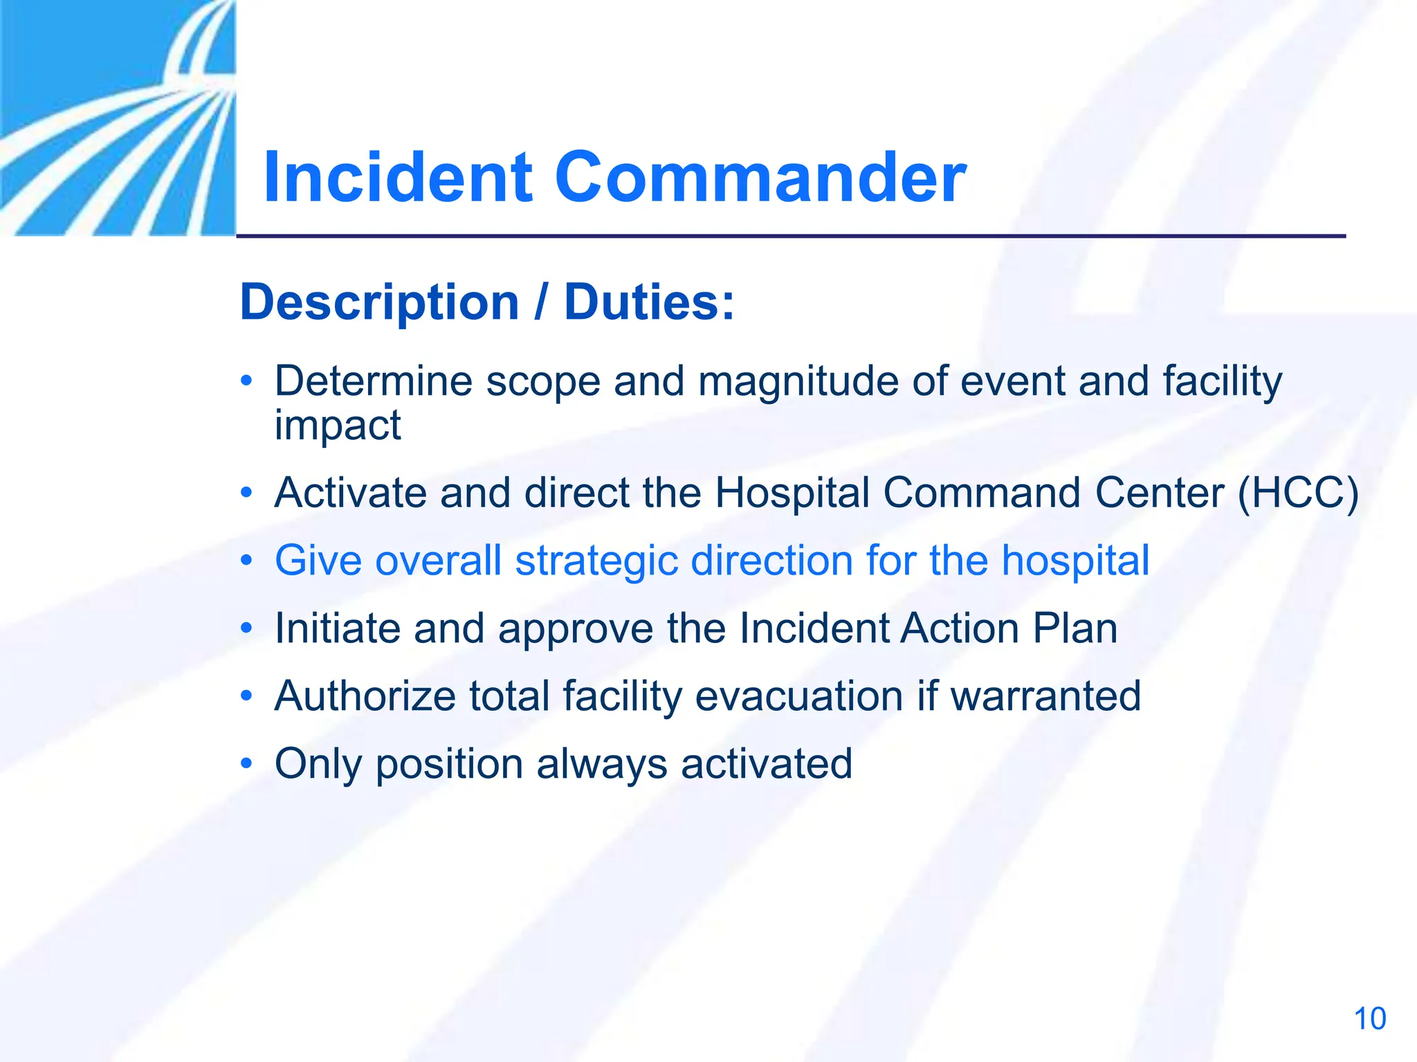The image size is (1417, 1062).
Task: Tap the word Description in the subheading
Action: [x=379, y=303]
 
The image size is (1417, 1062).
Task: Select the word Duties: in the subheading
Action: [x=648, y=303]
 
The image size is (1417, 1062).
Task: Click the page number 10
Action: [x=1369, y=1019]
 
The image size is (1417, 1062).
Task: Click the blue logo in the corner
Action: [x=118, y=118]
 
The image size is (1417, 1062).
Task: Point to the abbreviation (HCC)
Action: [x=1298, y=493]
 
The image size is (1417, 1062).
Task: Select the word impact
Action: [x=338, y=425]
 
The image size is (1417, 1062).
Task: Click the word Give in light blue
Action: [x=318, y=560]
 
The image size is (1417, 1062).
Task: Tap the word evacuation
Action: [x=798, y=696]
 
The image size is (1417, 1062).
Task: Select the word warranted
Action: [x=1045, y=696]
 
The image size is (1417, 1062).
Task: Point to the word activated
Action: [x=766, y=764]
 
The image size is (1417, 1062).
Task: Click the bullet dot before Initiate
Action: [x=246, y=628]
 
